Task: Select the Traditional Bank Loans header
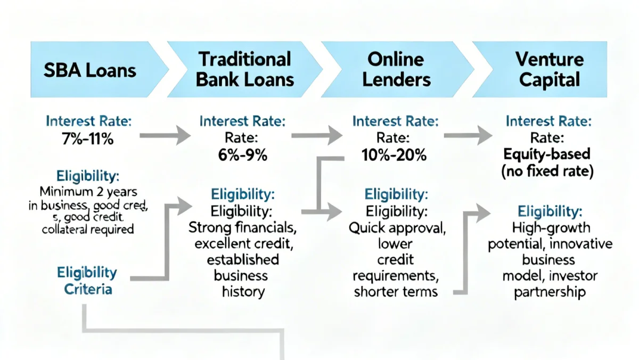tap(245, 70)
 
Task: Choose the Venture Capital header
tap(550, 70)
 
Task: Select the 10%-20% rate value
tap(395, 156)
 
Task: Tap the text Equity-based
tap(548, 154)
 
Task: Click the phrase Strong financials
tap(243, 228)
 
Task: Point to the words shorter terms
tap(395, 291)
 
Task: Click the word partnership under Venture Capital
tap(550, 292)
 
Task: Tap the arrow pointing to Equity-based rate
tap(469, 136)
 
